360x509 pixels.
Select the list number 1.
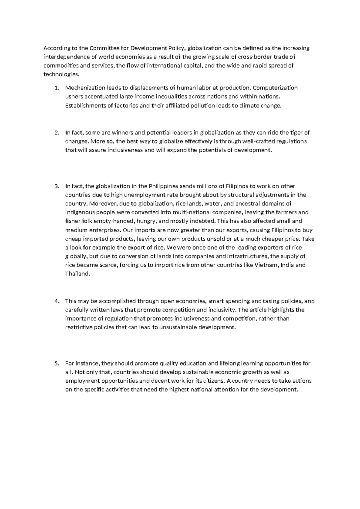[57, 88]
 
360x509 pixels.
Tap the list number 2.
[57, 133]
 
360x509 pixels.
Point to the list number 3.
[57, 186]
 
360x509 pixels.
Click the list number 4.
[57, 301]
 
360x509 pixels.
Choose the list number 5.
[57, 363]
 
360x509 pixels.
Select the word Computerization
[275, 88]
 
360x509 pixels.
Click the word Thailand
[77, 274]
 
